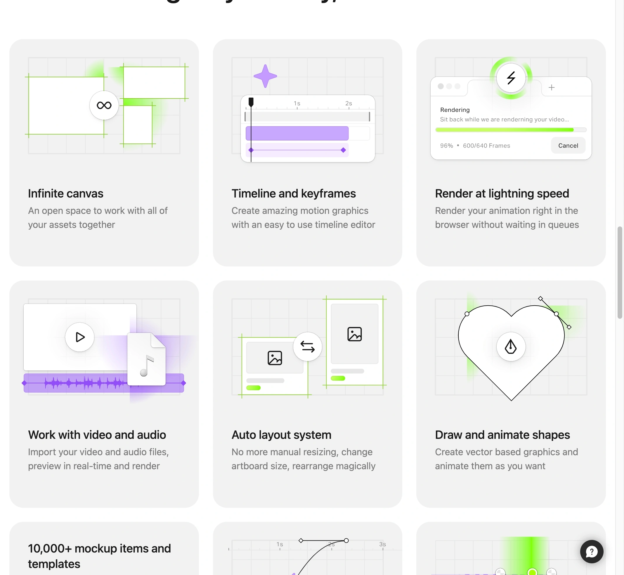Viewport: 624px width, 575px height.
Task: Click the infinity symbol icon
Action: (x=104, y=105)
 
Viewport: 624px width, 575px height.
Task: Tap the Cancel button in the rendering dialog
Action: (x=568, y=146)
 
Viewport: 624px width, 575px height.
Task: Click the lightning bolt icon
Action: (x=511, y=78)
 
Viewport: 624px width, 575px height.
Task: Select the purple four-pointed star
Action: (x=265, y=76)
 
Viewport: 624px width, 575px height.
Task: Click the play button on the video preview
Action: (x=80, y=337)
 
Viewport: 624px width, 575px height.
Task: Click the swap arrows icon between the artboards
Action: (x=307, y=347)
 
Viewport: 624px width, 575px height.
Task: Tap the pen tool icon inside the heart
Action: (x=510, y=347)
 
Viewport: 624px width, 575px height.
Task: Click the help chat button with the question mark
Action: (x=591, y=552)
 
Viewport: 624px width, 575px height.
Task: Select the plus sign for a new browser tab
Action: (x=551, y=87)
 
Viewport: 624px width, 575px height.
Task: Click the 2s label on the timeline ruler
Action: (x=349, y=103)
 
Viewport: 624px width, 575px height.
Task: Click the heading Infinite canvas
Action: (x=66, y=193)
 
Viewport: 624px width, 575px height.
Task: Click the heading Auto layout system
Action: (x=281, y=435)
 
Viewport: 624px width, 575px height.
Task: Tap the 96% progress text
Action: (x=446, y=146)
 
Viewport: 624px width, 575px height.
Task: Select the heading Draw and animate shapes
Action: (x=502, y=435)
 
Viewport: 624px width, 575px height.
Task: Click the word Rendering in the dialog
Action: (x=455, y=110)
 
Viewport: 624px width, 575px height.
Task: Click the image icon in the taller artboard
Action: (x=354, y=334)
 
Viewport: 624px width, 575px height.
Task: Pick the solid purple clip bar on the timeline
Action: (x=297, y=134)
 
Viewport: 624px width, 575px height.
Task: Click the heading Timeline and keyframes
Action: (x=293, y=193)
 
